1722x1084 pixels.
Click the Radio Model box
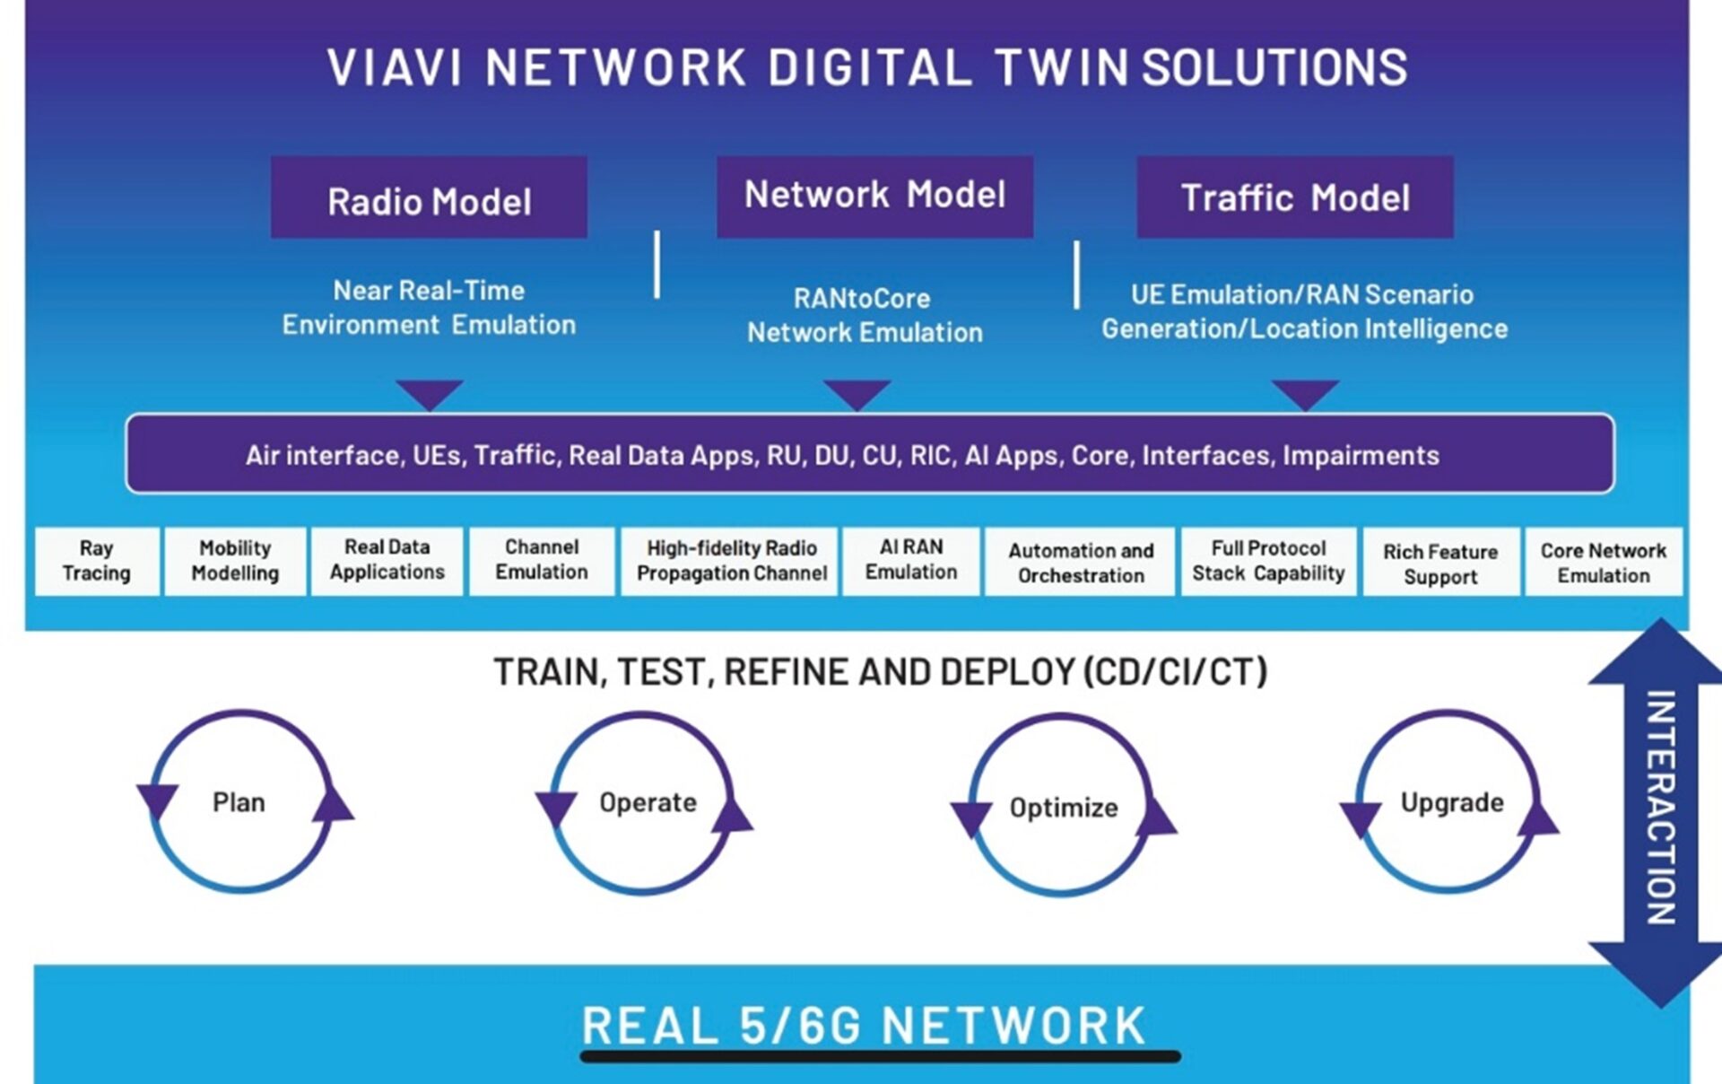[429, 198]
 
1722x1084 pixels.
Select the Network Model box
[874, 196]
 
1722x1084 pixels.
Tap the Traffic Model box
[1294, 197]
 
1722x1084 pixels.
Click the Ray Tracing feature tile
[97, 562]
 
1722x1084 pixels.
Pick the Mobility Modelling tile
[235, 562]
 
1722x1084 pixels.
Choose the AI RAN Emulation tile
[910, 561]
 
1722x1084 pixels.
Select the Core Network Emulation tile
[1603, 563]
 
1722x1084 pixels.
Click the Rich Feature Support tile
[1439, 564]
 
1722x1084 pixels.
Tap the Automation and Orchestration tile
[1080, 563]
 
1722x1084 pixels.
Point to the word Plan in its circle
[239, 802]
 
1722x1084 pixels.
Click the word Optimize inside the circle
[1064, 808]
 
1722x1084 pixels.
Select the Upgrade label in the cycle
[1451, 802]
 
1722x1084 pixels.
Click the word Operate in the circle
[648, 802]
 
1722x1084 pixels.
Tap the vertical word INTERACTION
[1660, 808]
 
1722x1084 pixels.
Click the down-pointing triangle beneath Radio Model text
[430, 393]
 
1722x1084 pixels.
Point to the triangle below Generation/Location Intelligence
[1305, 393]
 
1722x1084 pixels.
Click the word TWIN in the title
[1061, 68]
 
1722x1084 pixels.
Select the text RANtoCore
[862, 298]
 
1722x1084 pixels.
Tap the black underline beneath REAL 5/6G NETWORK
[880, 1057]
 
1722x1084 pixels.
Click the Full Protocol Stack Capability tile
[1267, 562]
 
